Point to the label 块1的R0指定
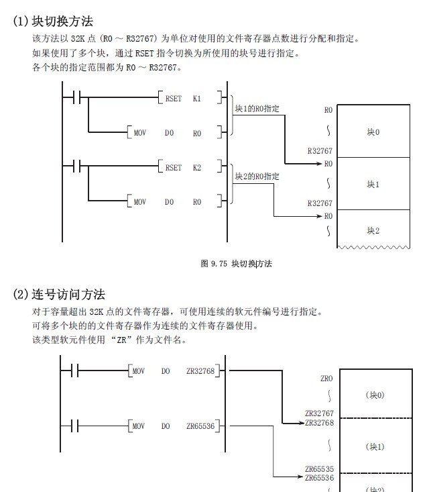[257, 108]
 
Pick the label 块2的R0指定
[257, 177]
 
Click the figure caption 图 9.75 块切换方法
[236, 264]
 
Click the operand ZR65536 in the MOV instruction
[200, 426]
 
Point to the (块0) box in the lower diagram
[375, 395]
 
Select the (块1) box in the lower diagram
[375, 446]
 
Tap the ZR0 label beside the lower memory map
[326, 379]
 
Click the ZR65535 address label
[319, 469]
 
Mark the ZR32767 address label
[319, 414]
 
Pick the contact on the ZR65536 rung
[75, 426]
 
